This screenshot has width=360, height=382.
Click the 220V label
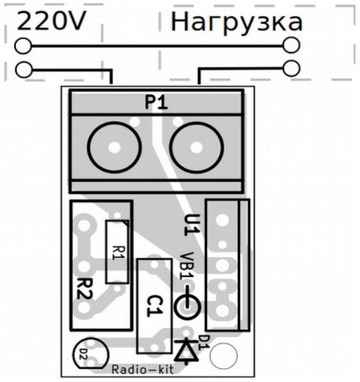point(51,21)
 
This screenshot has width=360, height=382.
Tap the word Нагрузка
point(237,22)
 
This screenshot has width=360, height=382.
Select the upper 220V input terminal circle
point(23,46)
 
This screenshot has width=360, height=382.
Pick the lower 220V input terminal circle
point(24,70)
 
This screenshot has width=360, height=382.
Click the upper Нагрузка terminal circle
point(291,45)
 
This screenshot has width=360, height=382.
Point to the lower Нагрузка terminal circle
point(291,68)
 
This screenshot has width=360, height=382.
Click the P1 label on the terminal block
point(157,102)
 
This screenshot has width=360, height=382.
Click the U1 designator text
point(192,225)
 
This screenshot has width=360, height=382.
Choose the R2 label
point(85,289)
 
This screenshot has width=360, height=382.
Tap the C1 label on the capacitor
point(155,306)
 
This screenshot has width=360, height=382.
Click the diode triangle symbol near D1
point(187,351)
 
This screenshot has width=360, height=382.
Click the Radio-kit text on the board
point(142,369)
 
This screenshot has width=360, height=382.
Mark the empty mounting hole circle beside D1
point(223,356)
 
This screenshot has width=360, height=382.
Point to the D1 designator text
point(204,342)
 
